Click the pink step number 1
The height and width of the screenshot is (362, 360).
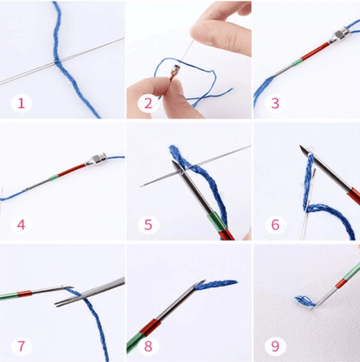pyautogui.click(x=21, y=103)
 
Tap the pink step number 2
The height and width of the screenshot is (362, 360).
pyautogui.click(x=148, y=103)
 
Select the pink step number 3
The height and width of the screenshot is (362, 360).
pyautogui.click(x=275, y=103)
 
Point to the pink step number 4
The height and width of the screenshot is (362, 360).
pyautogui.click(x=21, y=224)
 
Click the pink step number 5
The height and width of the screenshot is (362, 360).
pyautogui.click(x=148, y=224)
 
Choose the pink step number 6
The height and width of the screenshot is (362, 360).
pyautogui.click(x=275, y=224)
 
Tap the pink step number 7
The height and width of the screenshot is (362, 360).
pyautogui.click(x=21, y=346)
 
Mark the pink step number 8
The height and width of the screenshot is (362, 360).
pyautogui.click(x=148, y=346)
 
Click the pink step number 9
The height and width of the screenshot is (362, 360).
pyautogui.click(x=275, y=346)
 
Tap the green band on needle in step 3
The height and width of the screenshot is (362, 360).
pyautogui.click(x=297, y=62)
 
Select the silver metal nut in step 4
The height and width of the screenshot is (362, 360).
pyautogui.click(x=96, y=159)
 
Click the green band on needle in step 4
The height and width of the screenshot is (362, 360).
pyautogui.click(x=54, y=178)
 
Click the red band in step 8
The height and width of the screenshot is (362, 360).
pyautogui.click(x=149, y=327)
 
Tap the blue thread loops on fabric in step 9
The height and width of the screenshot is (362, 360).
pyautogui.click(x=305, y=301)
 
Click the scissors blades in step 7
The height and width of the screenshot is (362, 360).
pyautogui.click(x=89, y=292)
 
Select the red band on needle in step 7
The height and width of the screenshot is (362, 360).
pyautogui.click(x=24, y=294)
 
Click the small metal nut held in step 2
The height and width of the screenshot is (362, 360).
pyautogui.click(x=175, y=71)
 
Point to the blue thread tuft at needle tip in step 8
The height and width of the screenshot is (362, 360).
pyautogui.click(x=215, y=285)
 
